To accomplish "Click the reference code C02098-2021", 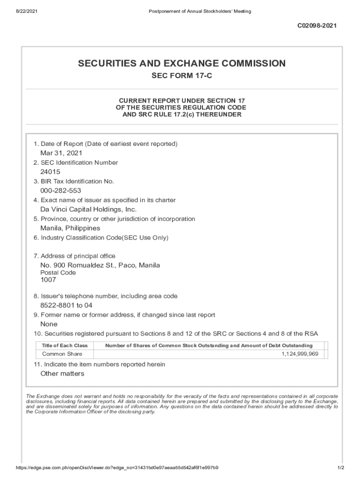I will (317, 26).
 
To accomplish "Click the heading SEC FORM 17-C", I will (181, 76).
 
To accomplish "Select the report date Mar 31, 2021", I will (61, 153).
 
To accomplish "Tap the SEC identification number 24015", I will (50, 172).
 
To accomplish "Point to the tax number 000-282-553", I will (61, 190).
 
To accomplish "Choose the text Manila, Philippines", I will (70, 228).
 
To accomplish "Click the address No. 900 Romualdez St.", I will (100, 265).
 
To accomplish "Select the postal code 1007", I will (48, 280).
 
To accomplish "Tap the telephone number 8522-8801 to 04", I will (66, 305).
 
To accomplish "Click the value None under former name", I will (49, 324).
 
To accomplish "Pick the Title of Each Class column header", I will (65, 345).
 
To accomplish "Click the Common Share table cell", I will (62, 354).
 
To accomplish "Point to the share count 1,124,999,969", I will (300, 354).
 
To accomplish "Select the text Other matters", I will (62, 373).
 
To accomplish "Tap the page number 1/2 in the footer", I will (341, 468).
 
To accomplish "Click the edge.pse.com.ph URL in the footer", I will (117, 468).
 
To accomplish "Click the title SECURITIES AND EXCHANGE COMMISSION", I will (181, 63).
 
